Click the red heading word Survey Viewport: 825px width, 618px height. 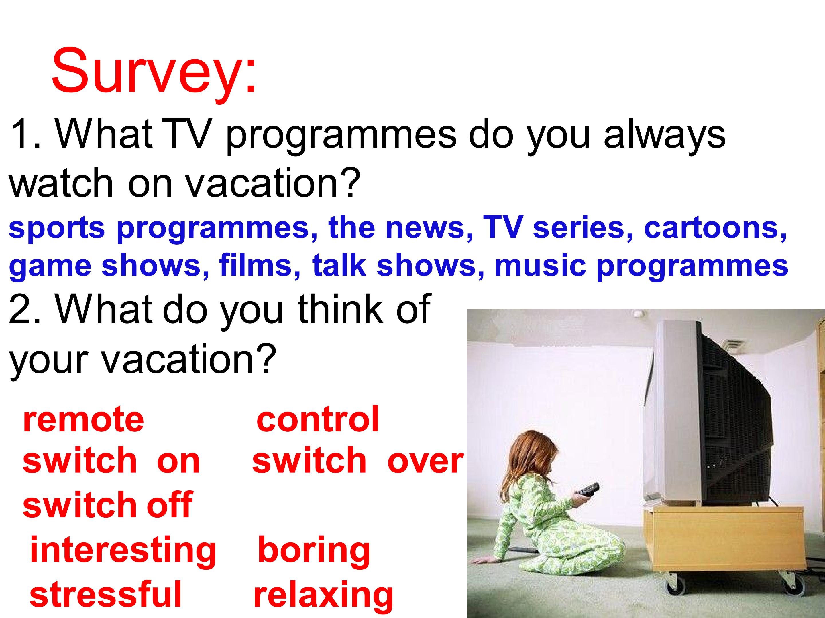[153, 71]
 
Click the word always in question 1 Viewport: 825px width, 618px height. [665, 135]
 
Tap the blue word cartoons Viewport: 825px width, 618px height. [715, 228]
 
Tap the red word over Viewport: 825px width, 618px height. [425, 461]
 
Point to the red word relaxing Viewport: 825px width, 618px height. [323, 595]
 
